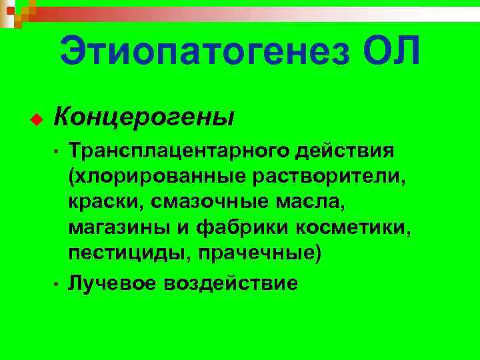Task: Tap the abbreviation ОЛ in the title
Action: pyautogui.click(x=393, y=51)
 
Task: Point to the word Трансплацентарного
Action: pyautogui.click(x=179, y=151)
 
